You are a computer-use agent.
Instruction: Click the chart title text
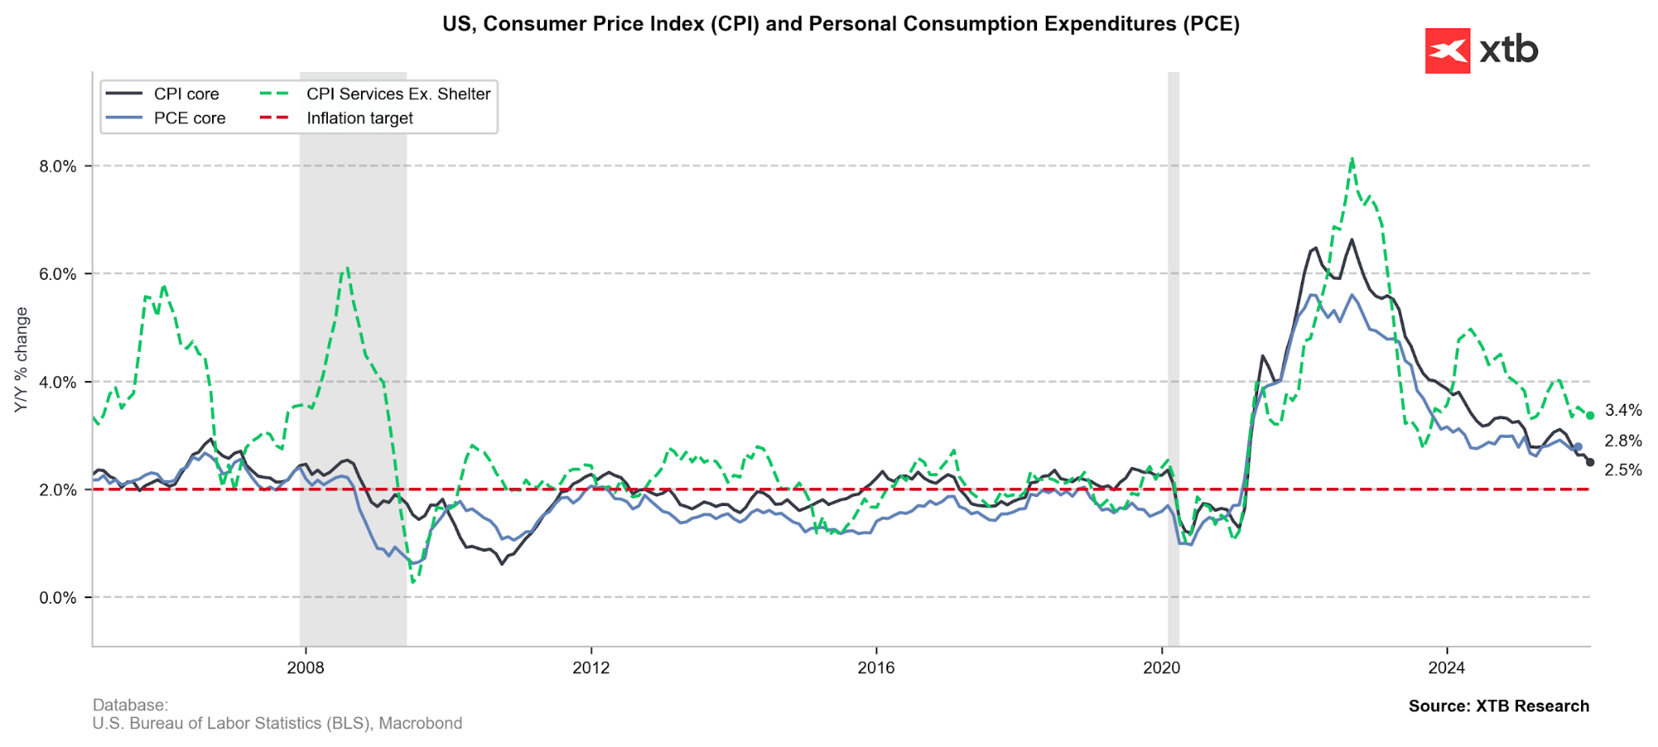pos(840,24)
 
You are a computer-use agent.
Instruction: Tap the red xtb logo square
pos(1447,51)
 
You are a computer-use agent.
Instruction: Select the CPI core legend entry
pos(186,94)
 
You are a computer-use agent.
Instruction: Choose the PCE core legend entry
pos(189,118)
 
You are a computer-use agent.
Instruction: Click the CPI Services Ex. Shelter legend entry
pos(397,94)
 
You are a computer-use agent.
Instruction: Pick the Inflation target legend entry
pos(359,118)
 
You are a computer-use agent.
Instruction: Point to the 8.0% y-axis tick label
pos(58,166)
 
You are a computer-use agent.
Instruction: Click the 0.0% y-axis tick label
pos(58,598)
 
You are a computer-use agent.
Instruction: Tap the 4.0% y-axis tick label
pos(58,382)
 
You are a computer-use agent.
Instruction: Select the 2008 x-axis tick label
pos(305,668)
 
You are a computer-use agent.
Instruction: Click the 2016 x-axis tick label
pos(876,668)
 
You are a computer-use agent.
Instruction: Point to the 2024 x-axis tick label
pos(1447,668)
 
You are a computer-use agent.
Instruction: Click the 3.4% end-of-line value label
pos(1623,410)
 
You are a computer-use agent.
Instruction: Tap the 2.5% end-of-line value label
pos(1623,470)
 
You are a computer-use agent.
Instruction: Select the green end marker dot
pos(1590,415)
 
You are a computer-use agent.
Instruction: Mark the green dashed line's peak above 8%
pos(1352,159)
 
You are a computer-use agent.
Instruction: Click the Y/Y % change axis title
pos(22,359)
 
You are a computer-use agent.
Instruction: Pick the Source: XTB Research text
pos(1499,706)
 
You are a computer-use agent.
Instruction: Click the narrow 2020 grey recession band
pos(1173,356)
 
